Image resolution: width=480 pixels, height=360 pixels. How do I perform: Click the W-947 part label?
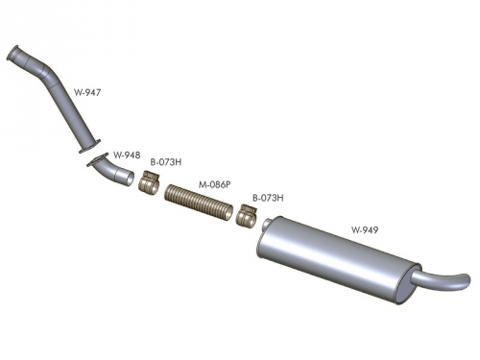pos(87,92)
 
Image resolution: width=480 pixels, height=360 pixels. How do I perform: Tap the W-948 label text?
pos(127,155)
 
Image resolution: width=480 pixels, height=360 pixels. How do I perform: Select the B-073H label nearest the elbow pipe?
pos(166,162)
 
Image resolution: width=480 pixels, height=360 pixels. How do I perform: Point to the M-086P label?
pos(214,184)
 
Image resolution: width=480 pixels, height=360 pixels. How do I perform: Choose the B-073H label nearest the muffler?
pos(268,198)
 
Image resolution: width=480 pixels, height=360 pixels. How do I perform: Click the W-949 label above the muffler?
pos(365,229)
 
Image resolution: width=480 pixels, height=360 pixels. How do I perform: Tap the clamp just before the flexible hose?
pos(149,182)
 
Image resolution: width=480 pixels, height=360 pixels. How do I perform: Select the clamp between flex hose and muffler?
pos(247,214)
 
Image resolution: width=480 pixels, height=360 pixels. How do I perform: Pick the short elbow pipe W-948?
pos(112,170)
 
